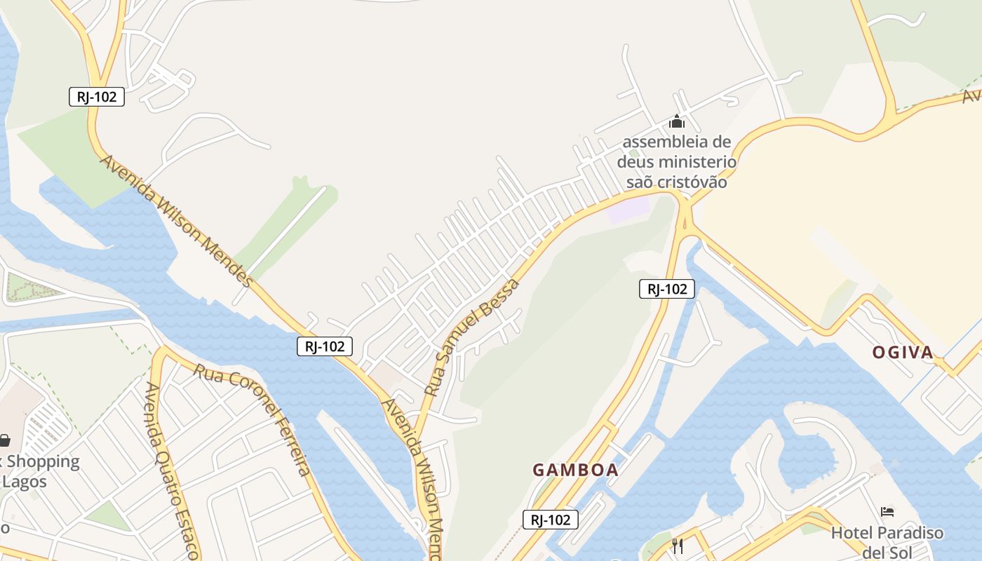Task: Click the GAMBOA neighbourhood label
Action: coord(575,470)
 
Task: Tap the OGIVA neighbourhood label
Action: coord(903,352)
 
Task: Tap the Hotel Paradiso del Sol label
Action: coord(887,542)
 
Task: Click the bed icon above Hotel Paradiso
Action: coord(887,512)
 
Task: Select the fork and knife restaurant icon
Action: coord(678,546)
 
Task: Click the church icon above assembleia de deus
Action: coord(676,121)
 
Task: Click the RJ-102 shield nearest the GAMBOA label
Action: coord(551,520)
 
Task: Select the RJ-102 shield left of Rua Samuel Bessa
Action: coord(324,346)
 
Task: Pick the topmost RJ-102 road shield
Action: coord(97,97)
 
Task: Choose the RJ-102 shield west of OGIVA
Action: coord(666,288)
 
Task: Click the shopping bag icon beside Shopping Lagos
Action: coord(5,440)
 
